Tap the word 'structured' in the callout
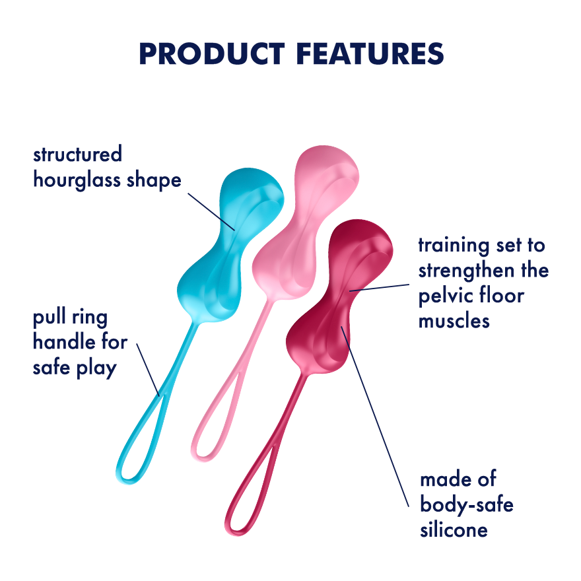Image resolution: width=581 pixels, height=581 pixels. click(78, 155)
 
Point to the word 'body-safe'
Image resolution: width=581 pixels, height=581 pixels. click(467, 505)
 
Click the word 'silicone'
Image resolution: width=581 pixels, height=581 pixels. click(454, 529)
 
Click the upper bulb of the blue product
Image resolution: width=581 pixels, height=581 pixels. click(251, 191)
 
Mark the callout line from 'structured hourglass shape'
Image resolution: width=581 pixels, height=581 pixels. click(211, 211)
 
